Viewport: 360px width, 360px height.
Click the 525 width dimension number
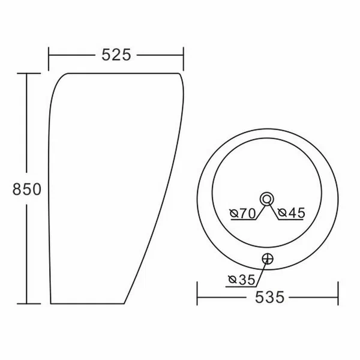click(x=116, y=55)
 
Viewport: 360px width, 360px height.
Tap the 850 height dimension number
click(x=27, y=189)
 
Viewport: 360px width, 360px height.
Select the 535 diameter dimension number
click(x=269, y=298)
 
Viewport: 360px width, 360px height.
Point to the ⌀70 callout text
click(x=242, y=213)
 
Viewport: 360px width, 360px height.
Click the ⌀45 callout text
click(x=292, y=213)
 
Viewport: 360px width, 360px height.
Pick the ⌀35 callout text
click(x=242, y=280)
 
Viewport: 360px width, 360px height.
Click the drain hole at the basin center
click(x=267, y=199)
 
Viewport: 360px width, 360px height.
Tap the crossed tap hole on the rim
click(x=268, y=259)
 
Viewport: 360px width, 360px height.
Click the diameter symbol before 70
click(x=234, y=214)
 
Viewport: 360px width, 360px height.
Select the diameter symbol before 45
click(x=282, y=213)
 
